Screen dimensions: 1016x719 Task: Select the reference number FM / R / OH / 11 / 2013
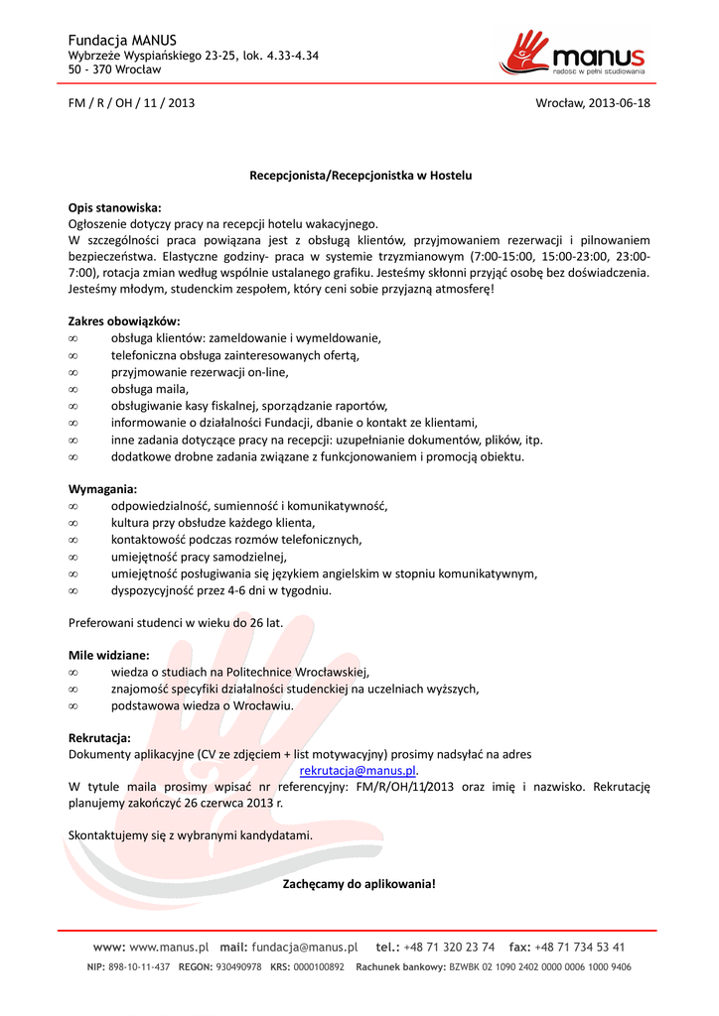click(x=131, y=103)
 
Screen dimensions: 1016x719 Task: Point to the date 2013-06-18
click(x=620, y=103)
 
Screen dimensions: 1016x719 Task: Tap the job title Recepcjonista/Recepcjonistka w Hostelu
click(x=359, y=175)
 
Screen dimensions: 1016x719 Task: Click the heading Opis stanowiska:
click(x=113, y=207)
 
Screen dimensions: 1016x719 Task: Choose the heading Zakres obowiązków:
click(x=123, y=321)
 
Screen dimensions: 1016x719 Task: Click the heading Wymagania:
click(x=102, y=489)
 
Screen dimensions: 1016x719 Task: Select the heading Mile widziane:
click(x=108, y=656)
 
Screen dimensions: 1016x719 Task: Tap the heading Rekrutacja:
click(x=99, y=737)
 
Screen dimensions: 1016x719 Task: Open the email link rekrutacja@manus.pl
click(x=358, y=770)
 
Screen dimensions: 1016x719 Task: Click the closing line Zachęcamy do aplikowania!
click(x=359, y=883)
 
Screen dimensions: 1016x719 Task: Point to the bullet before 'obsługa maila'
click(x=72, y=389)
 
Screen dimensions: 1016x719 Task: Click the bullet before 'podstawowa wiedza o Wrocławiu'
click(x=72, y=705)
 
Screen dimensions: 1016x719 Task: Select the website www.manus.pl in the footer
click(x=169, y=947)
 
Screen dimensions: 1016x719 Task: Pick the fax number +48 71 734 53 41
click(x=580, y=947)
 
